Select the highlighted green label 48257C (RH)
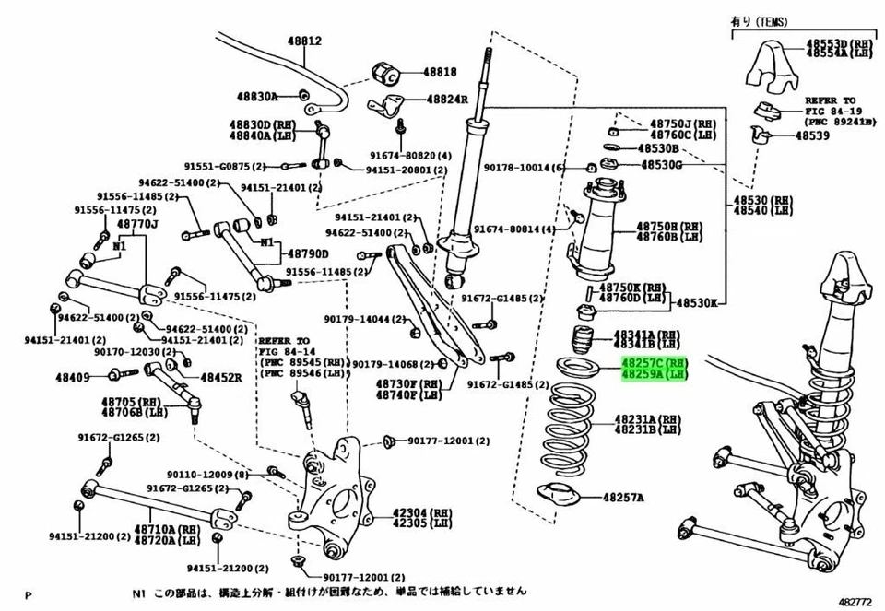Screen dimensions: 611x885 (x=655, y=364)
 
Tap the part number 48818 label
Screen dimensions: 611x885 (x=440, y=71)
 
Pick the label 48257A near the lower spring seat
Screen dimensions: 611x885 (x=624, y=498)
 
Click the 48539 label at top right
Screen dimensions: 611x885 (x=812, y=135)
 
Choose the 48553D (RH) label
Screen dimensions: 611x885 (x=839, y=43)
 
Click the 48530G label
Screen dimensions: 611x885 (x=661, y=165)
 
